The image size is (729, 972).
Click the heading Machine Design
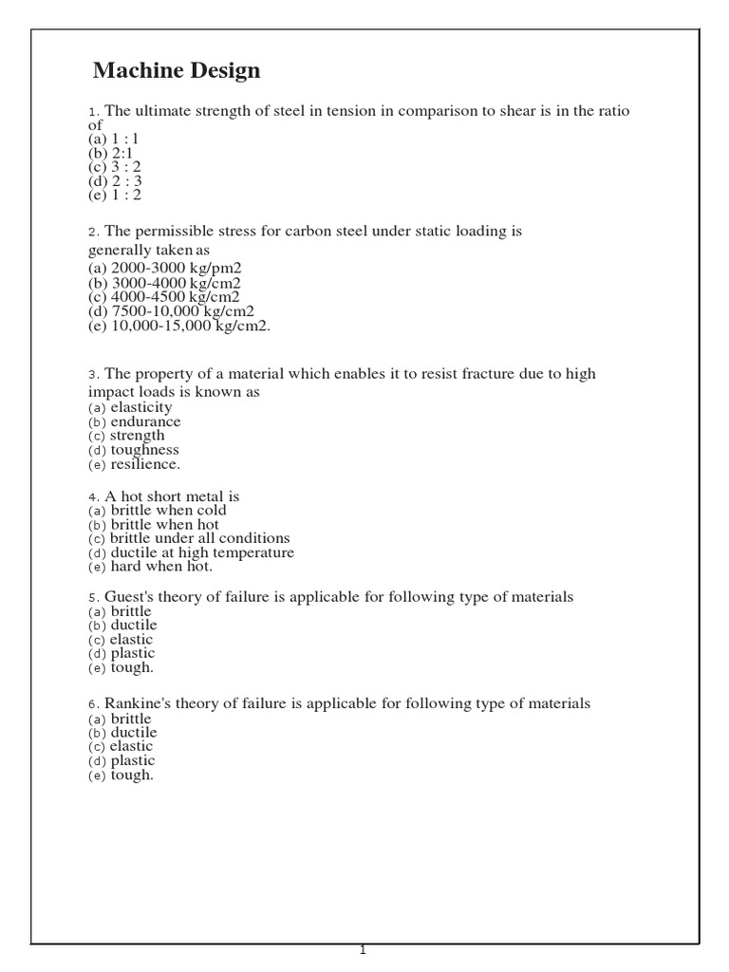tap(177, 71)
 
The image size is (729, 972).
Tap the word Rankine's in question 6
tap(137, 704)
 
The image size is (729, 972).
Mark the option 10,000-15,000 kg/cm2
tap(179, 326)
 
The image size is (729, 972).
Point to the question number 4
tap(93, 497)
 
